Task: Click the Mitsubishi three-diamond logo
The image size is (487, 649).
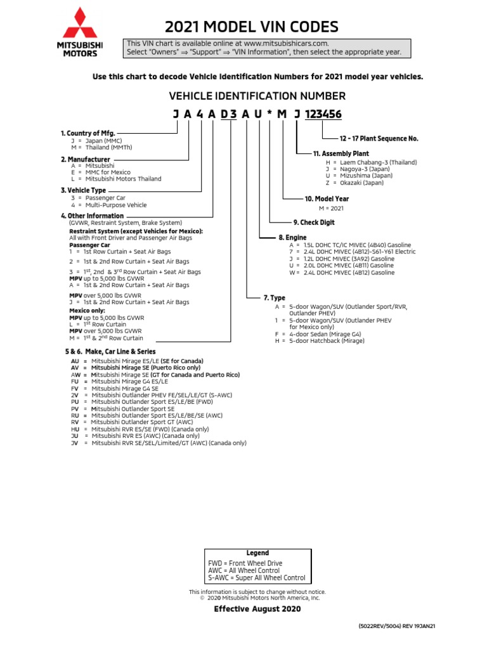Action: point(79,23)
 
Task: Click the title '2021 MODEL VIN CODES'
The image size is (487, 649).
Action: point(252,27)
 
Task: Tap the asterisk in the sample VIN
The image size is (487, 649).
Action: point(269,115)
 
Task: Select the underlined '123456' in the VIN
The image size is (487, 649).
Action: point(323,115)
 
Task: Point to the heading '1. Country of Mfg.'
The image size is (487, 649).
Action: point(88,133)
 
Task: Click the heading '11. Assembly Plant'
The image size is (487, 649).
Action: point(341,153)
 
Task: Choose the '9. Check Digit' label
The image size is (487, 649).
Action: point(313,222)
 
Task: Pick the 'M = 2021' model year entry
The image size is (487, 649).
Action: point(330,208)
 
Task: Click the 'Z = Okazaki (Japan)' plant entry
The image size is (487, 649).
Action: point(355,183)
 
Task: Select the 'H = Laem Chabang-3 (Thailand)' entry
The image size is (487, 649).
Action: point(372,162)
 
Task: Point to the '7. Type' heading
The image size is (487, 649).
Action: point(274,297)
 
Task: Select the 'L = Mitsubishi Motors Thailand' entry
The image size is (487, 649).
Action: point(116,179)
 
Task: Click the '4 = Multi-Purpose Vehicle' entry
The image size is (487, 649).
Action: point(108,205)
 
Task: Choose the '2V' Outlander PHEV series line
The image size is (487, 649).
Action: point(152,395)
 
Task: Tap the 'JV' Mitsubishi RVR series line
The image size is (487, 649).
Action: point(159,443)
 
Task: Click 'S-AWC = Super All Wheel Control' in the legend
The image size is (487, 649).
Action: point(257,577)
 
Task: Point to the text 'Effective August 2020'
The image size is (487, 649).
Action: point(257,609)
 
